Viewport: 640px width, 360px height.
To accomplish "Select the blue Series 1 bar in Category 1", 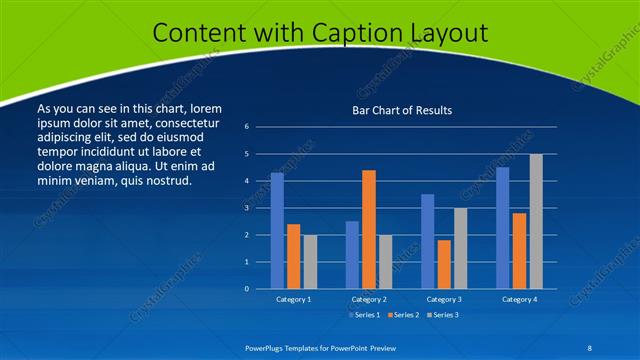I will [277, 231].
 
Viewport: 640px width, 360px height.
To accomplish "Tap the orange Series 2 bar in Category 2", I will [368, 229].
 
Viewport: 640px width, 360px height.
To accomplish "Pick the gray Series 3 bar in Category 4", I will [536, 221].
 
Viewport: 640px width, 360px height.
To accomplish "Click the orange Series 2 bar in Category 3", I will [443, 264].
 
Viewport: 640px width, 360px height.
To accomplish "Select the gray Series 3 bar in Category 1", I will [310, 261].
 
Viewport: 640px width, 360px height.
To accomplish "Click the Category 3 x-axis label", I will [443, 299].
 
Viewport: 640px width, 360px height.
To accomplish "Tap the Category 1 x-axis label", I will [293, 299].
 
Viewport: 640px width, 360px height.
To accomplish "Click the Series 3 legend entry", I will [445, 315].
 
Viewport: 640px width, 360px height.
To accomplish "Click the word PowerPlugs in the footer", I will [267, 347].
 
